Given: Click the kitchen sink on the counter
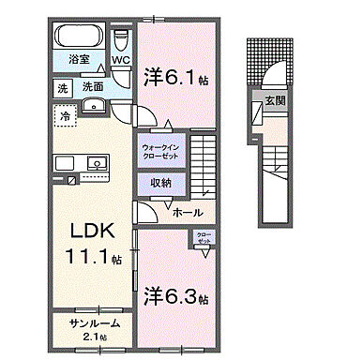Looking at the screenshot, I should pyautogui.click(x=96, y=164).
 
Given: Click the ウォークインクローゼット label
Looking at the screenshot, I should pyautogui.click(x=167, y=153).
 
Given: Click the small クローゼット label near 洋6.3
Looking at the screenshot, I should pyautogui.click(x=204, y=238).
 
